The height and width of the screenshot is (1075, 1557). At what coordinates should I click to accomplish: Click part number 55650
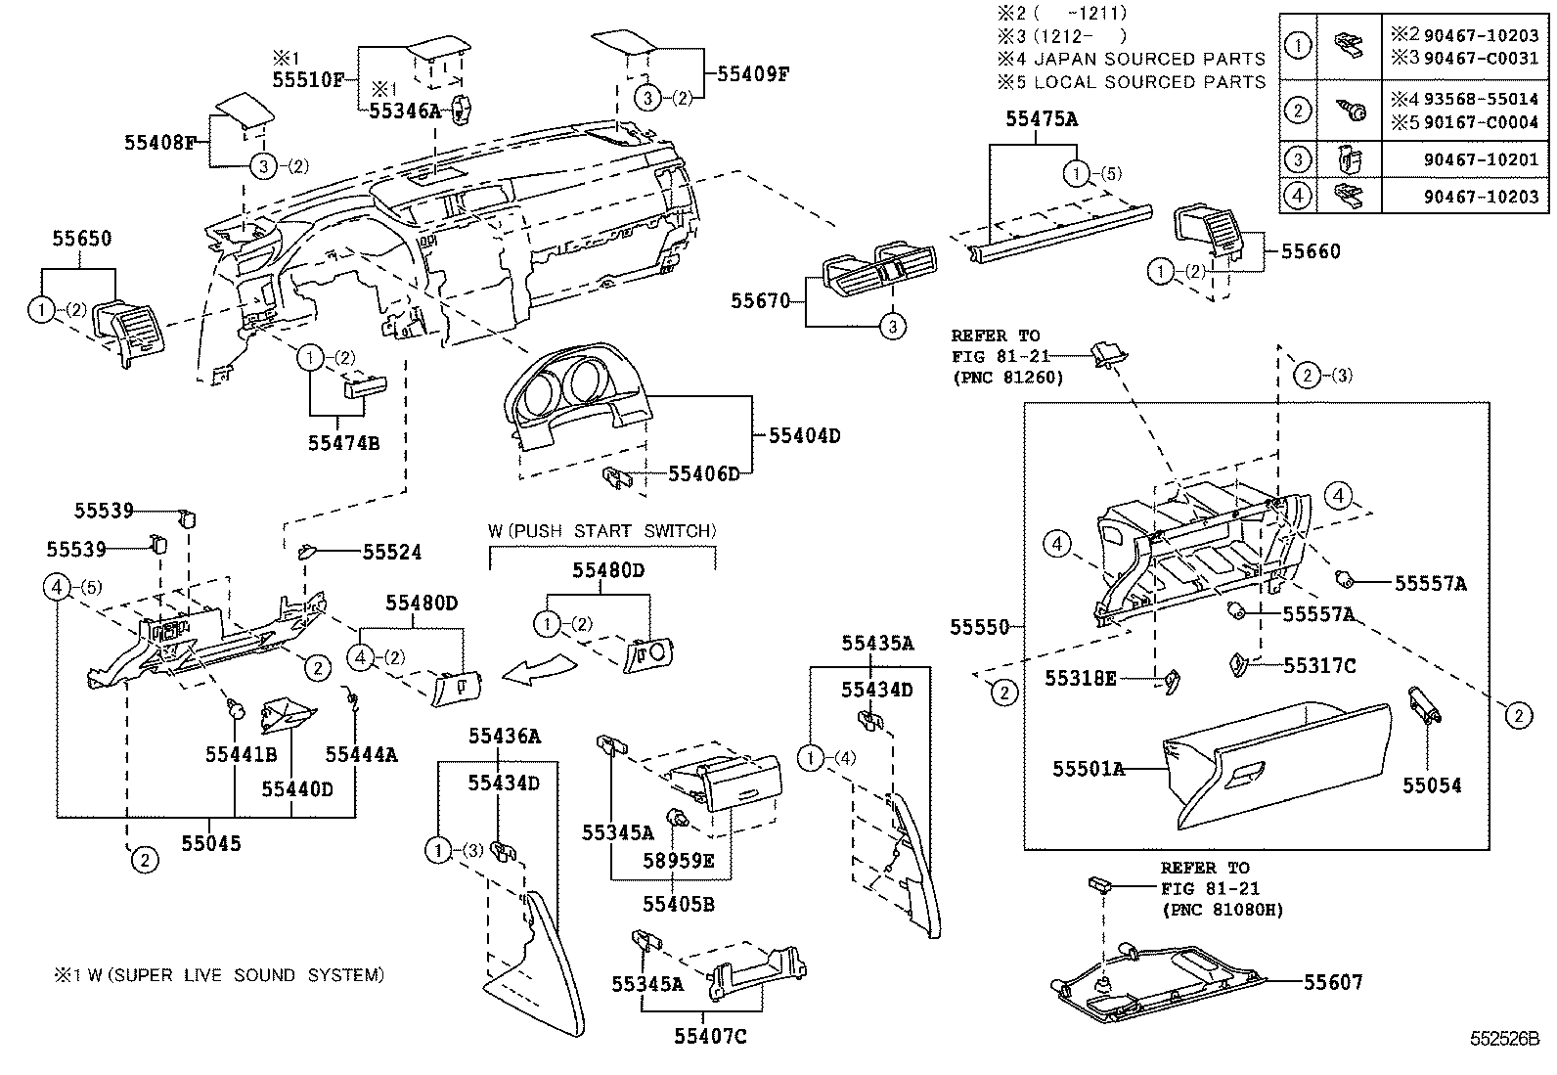(82, 239)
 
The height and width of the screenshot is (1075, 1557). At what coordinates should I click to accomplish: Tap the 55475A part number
(1042, 119)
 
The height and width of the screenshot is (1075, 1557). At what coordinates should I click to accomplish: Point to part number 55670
(760, 301)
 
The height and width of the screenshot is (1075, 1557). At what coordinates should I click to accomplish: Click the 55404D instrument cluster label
(804, 435)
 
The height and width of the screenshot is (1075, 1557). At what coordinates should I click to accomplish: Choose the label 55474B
(343, 443)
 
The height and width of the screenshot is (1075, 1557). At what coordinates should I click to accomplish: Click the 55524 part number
(392, 553)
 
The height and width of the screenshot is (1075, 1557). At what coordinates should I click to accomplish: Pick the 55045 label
(210, 842)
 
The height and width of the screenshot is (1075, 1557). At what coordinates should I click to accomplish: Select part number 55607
(1333, 982)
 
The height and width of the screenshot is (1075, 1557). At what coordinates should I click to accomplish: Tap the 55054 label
(1432, 785)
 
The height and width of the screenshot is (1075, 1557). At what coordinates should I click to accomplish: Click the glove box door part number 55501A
(1088, 769)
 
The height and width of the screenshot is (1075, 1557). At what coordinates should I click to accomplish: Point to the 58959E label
(678, 861)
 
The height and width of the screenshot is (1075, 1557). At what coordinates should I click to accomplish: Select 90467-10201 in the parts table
(1481, 159)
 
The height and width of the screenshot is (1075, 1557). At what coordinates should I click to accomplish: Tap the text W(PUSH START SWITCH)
(602, 531)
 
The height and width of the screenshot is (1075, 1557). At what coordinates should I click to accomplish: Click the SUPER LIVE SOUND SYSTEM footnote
(219, 975)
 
